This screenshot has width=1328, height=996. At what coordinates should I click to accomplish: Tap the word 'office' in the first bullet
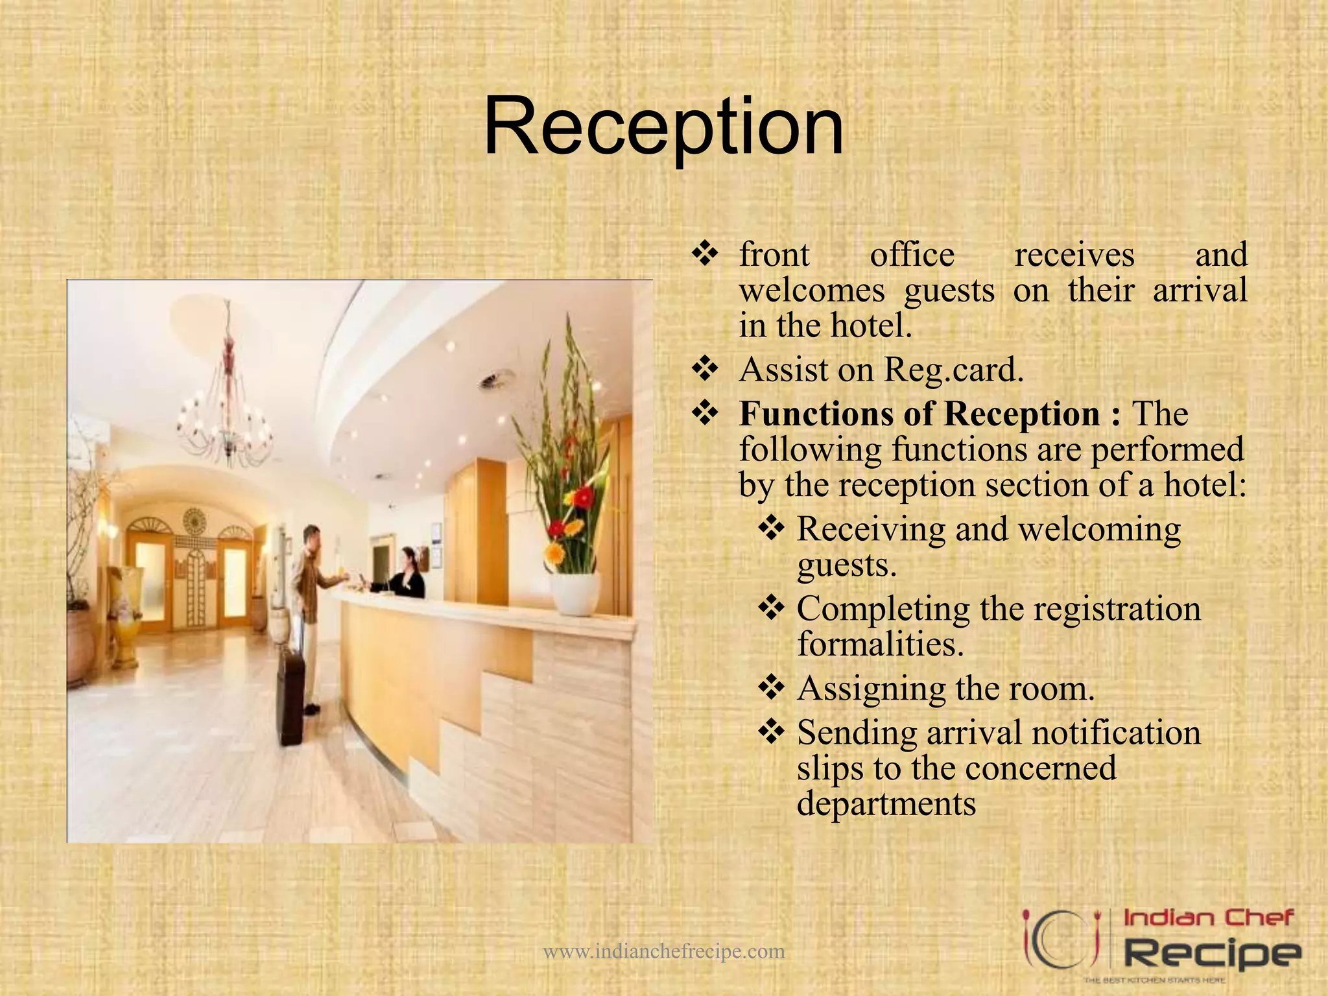912,254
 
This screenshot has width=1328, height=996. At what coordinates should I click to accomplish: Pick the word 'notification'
1116,733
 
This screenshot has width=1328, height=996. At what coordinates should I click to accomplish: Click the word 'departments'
886,804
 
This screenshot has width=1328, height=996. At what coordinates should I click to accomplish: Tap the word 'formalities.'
880,645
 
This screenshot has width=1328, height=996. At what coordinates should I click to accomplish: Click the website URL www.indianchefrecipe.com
663,951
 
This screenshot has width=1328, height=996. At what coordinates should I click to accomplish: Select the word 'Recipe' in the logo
1211,954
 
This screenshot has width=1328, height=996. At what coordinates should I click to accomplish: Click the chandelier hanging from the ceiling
226,415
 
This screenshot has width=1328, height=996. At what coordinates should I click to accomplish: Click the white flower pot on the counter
575,593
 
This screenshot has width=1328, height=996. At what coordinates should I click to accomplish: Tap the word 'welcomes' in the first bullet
812,290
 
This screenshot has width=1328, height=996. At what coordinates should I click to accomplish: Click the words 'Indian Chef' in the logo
1208,918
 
